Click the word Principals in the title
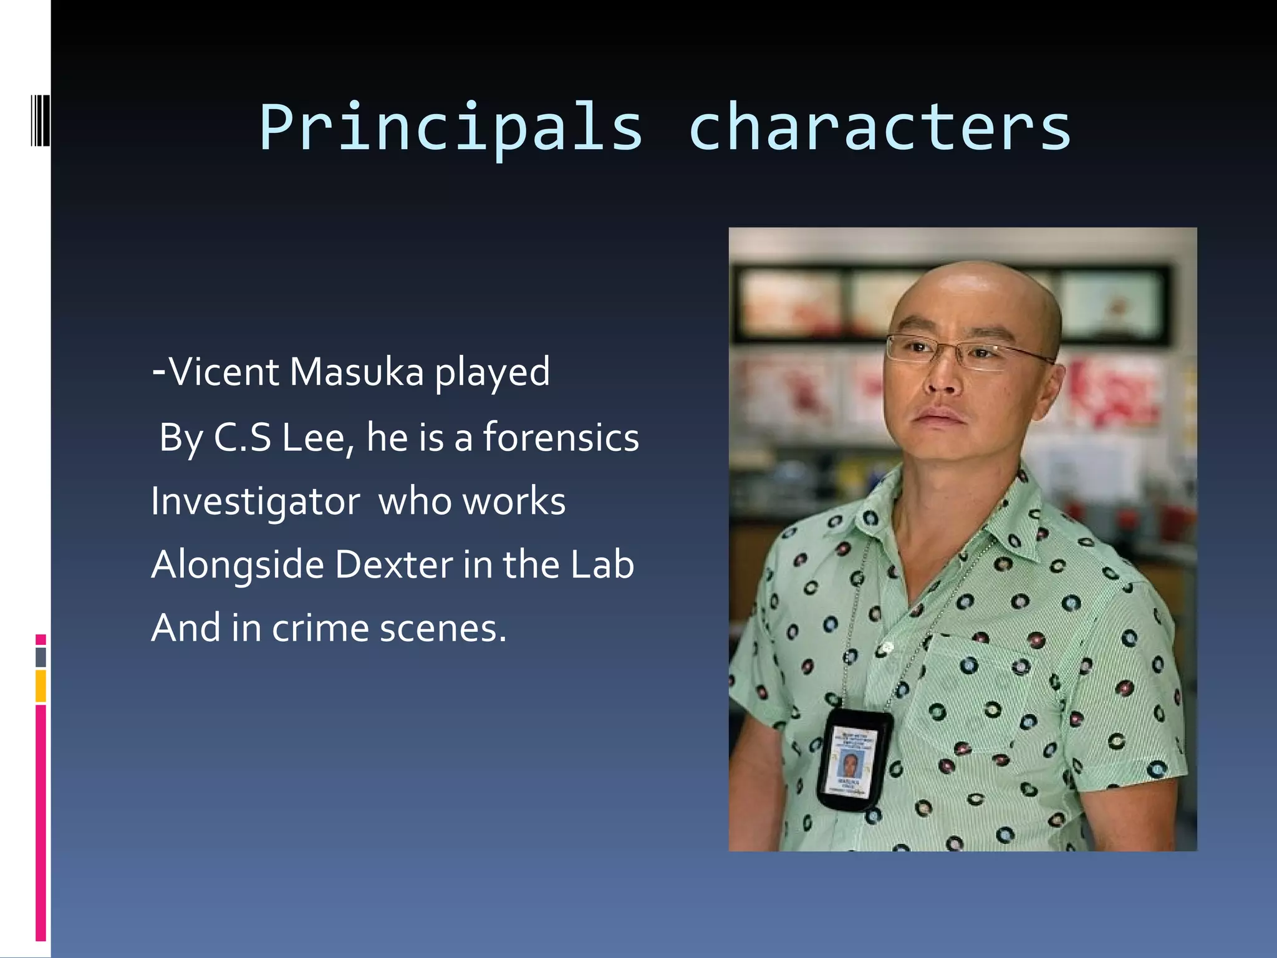point(450,128)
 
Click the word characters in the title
point(880,128)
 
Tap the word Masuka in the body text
point(357,372)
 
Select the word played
point(492,374)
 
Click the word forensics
point(561,437)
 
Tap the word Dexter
point(394,564)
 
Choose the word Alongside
point(238,566)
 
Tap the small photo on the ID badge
point(849,764)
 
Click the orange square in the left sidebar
point(41,685)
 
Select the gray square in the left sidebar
point(41,657)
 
